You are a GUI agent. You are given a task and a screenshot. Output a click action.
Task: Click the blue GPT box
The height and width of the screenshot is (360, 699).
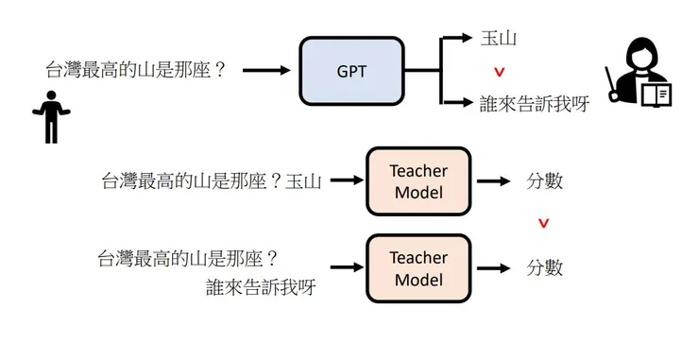(351, 71)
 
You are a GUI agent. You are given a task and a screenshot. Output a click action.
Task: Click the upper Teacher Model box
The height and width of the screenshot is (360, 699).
(418, 181)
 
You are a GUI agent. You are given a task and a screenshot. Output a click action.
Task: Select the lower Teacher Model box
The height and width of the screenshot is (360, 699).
(418, 268)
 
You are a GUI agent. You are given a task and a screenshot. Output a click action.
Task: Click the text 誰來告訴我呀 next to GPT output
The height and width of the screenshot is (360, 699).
(535, 103)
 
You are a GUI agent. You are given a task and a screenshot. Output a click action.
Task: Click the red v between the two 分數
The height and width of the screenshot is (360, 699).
(542, 224)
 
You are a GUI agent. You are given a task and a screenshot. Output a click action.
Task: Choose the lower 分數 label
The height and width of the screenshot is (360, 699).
(544, 268)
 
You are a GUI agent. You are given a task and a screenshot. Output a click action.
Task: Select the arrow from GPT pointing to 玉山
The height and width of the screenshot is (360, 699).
(457, 39)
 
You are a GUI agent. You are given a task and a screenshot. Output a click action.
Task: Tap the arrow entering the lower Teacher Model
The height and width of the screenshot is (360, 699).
(344, 268)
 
